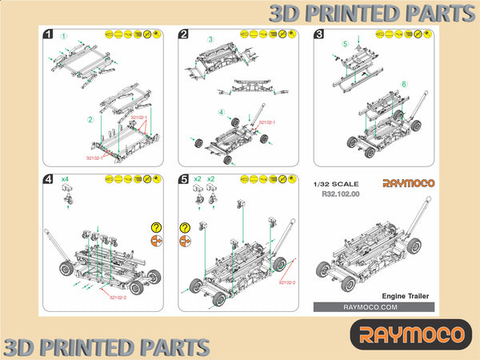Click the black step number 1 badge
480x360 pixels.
[48, 34]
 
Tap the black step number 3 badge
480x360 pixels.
[319, 34]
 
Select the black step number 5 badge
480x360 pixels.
[183, 181]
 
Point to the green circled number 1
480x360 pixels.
[63, 36]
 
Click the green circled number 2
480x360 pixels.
[90, 120]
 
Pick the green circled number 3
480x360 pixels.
[210, 38]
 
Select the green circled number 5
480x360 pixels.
[345, 43]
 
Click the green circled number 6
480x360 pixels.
[404, 83]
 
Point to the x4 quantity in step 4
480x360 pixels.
[66, 179]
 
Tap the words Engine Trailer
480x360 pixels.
[406, 295]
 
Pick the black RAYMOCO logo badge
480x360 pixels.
[411, 334]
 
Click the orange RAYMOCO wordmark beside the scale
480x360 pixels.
[408, 183]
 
